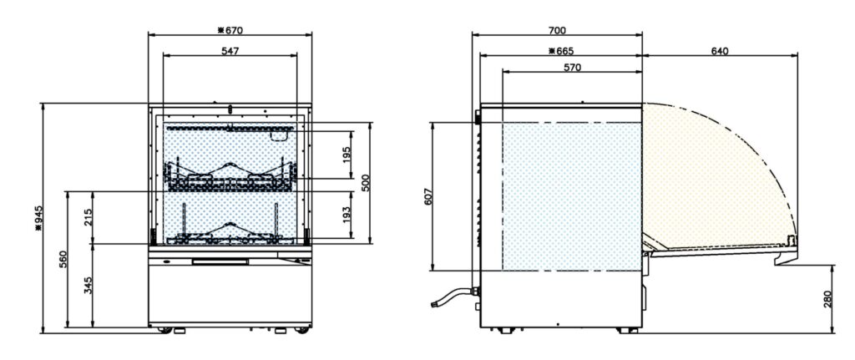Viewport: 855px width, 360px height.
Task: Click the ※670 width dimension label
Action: pos(230,31)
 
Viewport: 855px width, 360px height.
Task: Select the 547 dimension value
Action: pos(230,50)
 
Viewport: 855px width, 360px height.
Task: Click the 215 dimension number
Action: pos(89,217)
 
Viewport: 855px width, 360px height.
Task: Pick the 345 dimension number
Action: pos(89,286)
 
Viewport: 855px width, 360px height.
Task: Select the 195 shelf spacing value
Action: pos(347,155)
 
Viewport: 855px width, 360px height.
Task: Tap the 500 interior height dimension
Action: pos(366,183)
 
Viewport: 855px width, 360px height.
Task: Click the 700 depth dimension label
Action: pos(557,31)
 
